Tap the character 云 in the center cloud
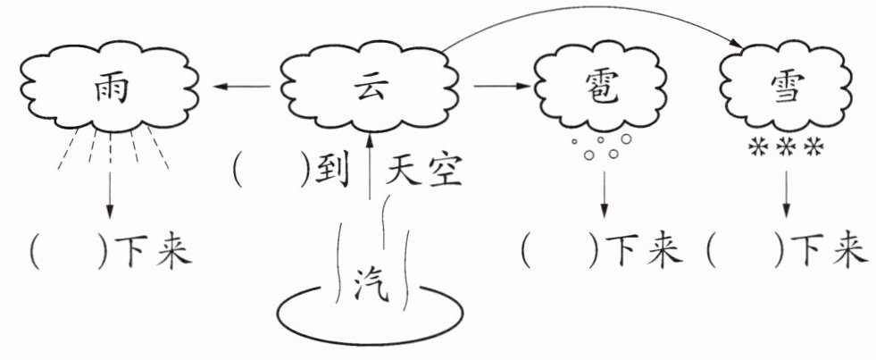(371, 88)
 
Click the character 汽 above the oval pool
(371, 283)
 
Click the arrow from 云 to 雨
(241, 86)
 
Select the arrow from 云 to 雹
(501, 86)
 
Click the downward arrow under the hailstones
(604, 195)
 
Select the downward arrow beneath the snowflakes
(788, 195)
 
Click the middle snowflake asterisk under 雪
(787, 147)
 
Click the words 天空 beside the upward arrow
(424, 171)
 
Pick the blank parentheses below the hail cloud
(560, 250)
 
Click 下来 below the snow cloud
(824, 250)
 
